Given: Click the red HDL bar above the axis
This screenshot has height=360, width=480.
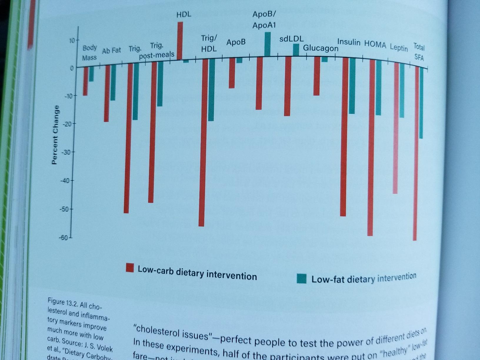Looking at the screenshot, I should (180, 41).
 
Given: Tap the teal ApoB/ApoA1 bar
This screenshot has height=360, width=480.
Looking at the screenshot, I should (268, 44).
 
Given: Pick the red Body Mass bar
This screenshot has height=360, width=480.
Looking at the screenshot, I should (85, 81).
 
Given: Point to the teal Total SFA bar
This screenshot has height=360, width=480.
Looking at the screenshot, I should (421, 103).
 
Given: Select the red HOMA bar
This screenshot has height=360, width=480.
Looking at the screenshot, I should (370, 147).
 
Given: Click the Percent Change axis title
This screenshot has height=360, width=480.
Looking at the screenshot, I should (54, 135).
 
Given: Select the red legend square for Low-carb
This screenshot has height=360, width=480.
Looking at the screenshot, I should (130, 268).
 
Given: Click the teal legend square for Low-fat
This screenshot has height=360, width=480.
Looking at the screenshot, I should (301, 278).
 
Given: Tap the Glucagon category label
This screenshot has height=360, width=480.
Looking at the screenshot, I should (321, 48).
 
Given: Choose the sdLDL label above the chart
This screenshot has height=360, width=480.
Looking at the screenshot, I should (291, 39).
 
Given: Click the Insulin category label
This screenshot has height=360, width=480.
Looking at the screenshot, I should (349, 42).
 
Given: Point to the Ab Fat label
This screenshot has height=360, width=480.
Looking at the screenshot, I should (111, 51).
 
